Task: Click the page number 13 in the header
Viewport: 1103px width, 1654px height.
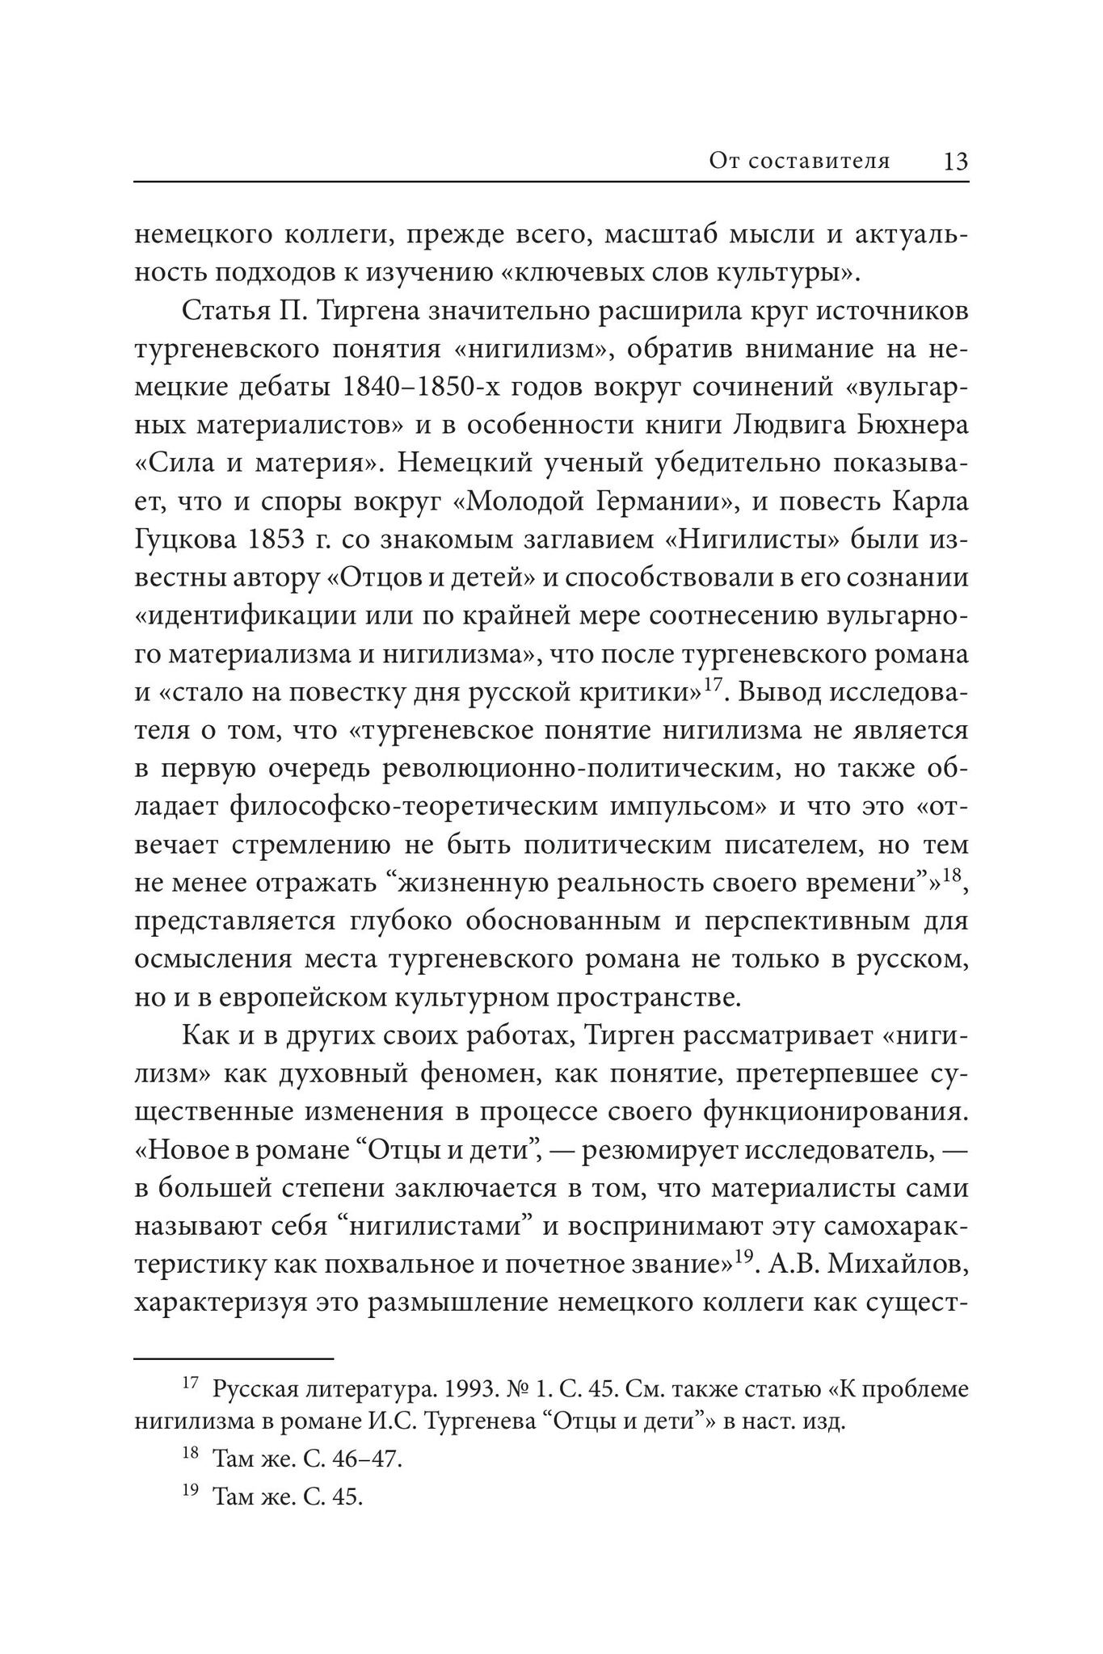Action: tap(954, 162)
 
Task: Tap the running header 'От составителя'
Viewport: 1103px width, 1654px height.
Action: tap(799, 162)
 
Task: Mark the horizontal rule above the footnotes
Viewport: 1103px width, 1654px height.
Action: tap(233, 1359)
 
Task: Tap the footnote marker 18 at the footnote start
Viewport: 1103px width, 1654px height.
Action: tap(190, 1453)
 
